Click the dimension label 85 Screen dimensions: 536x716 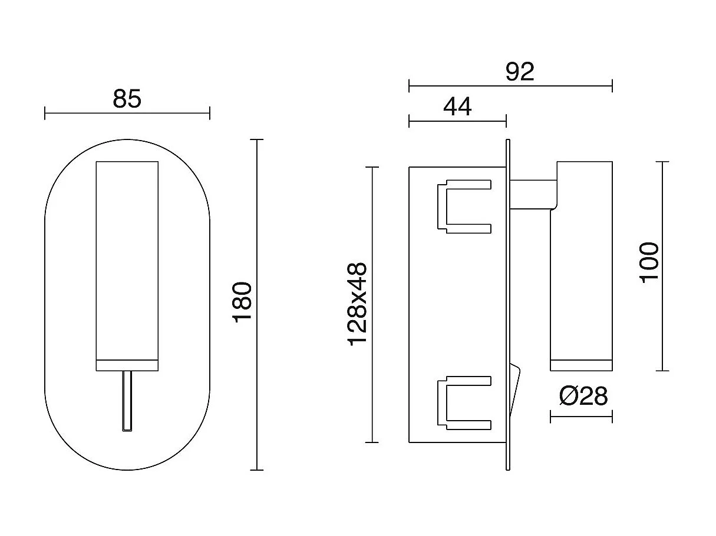[127, 99]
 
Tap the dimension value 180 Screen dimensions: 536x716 [242, 301]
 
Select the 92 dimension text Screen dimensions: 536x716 [520, 72]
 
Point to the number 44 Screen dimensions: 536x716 [457, 107]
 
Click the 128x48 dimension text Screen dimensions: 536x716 [358, 304]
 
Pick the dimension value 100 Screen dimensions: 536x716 [648, 262]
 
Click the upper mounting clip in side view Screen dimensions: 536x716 [464, 206]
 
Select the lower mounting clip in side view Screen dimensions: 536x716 [464, 402]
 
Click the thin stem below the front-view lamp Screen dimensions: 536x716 [127, 401]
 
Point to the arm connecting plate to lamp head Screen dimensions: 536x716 [532, 195]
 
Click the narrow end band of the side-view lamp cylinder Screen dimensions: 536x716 [581, 365]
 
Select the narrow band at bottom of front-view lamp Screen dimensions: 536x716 [127, 365]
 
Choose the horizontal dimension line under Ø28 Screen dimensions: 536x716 [581, 417]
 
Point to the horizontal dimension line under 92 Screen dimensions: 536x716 [510, 86]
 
